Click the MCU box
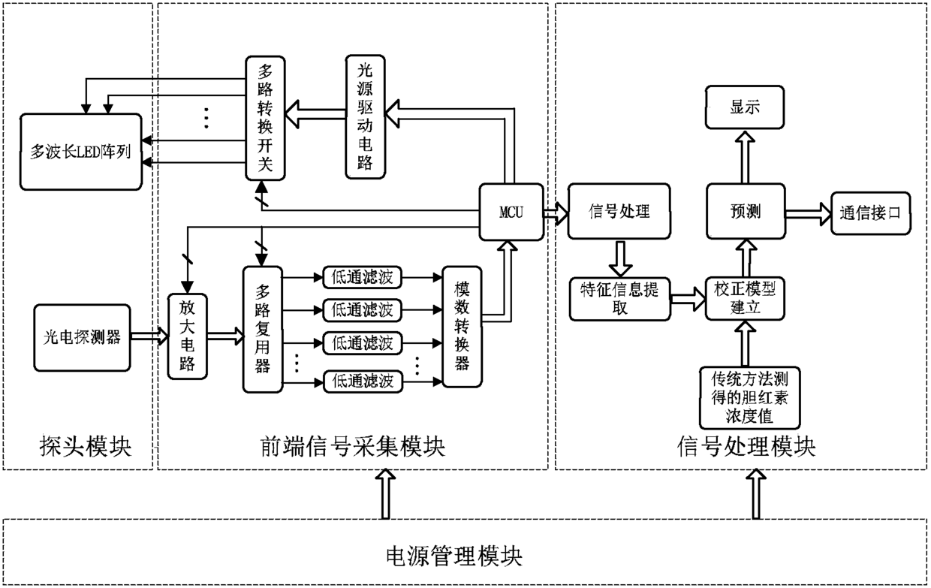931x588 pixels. (x=511, y=212)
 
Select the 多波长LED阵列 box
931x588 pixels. (x=81, y=152)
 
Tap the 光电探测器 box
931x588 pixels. (x=82, y=337)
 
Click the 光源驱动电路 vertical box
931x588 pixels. (x=366, y=117)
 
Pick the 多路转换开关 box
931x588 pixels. (x=265, y=118)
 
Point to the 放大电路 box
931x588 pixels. (x=188, y=336)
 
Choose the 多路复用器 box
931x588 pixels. (x=263, y=330)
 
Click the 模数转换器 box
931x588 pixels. (x=462, y=327)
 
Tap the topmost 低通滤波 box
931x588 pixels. (x=363, y=277)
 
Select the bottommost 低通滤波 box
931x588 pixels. (x=363, y=381)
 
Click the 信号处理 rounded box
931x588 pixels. (x=619, y=211)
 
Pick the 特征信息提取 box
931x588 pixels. (x=619, y=299)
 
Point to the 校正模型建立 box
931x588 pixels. (x=746, y=298)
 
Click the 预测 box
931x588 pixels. (x=746, y=211)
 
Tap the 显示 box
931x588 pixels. (x=745, y=107)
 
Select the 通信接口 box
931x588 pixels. (x=871, y=213)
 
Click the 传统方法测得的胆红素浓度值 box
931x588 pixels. (x=750, y=398)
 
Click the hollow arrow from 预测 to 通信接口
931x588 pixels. (x=809, y=214)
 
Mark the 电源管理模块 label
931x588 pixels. (x=453, y=556)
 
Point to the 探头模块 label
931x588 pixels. (x=86, y=447)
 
